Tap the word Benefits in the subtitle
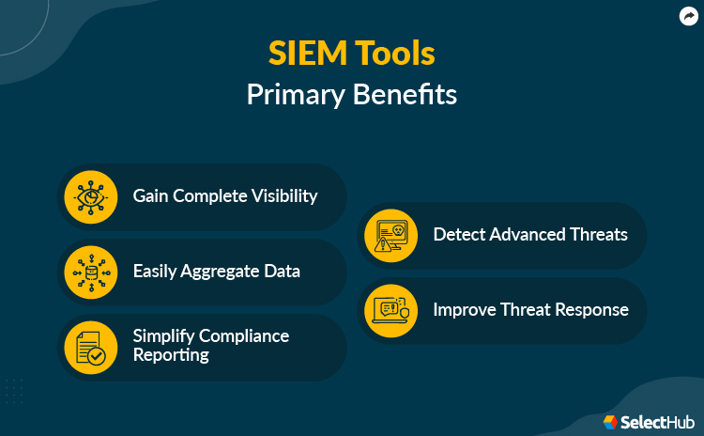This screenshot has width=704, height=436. coord(407,95)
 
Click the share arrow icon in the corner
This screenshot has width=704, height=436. coord(687,16)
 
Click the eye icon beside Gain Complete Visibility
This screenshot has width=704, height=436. coord(90,197)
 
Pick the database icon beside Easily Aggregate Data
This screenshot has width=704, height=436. coord(90,272)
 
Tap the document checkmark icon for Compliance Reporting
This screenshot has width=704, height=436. coord(90,348)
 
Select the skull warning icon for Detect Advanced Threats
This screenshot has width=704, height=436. coord(390,235)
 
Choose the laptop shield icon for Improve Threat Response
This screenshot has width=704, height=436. coord(390,310)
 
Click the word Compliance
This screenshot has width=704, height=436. coord(246,335)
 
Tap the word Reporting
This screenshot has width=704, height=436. coord(170,355)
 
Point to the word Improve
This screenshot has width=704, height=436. coord(465,309)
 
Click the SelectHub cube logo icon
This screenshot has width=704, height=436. coord(610,422)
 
